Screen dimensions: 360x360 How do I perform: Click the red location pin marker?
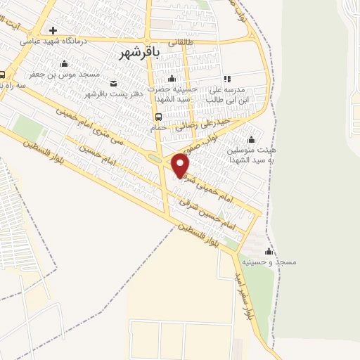(181, 166)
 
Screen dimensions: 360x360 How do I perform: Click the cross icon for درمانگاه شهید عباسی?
(53, 30)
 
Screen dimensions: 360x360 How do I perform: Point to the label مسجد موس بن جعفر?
(65, 74)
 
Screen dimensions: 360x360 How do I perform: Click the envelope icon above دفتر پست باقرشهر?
(113, 84)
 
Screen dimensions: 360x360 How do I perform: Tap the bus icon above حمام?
(158, 117)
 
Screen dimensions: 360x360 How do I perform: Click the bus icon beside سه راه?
(2, 75)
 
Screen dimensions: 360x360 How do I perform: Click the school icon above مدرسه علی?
(226, 79)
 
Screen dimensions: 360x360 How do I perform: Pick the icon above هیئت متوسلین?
(250, 139)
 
